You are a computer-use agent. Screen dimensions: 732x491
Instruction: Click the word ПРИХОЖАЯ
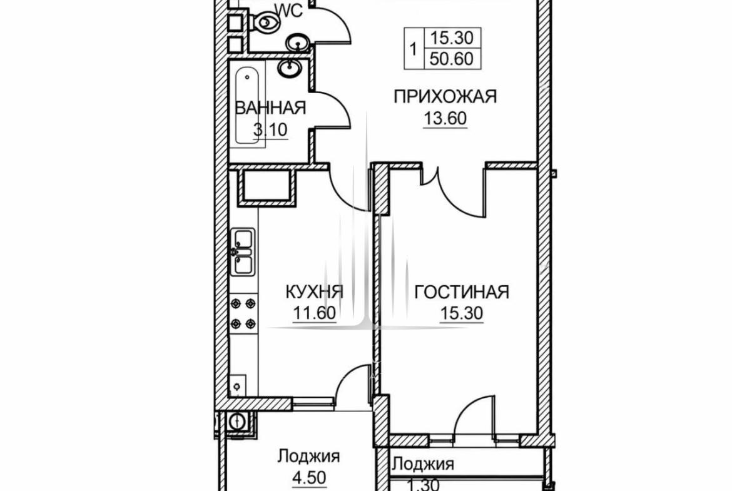pos(445,96)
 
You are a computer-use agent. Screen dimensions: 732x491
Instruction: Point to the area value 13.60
pos(445,119)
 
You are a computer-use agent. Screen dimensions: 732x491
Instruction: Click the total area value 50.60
pos(452,59)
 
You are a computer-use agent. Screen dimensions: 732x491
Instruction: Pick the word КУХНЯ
pos(314,291)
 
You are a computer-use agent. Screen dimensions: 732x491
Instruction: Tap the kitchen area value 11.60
pos(314,313)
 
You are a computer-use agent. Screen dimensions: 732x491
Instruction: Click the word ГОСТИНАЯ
pos(461,291)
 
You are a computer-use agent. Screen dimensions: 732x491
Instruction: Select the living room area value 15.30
pos(461,313)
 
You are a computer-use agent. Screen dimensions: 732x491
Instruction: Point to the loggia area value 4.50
pos(308,477)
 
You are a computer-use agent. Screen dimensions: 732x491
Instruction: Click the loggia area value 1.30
pos(423,485)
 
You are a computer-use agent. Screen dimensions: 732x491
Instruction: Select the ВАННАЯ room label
pos(270,108)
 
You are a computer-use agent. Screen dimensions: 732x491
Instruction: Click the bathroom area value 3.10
pos(270,129)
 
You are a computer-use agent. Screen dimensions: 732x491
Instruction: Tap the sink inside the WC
pos(297,43)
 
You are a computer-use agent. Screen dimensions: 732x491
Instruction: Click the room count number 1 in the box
pos(413,49)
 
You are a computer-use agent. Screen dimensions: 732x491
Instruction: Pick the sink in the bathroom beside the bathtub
pos(290,68)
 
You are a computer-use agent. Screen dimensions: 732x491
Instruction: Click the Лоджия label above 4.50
pos(308,456)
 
